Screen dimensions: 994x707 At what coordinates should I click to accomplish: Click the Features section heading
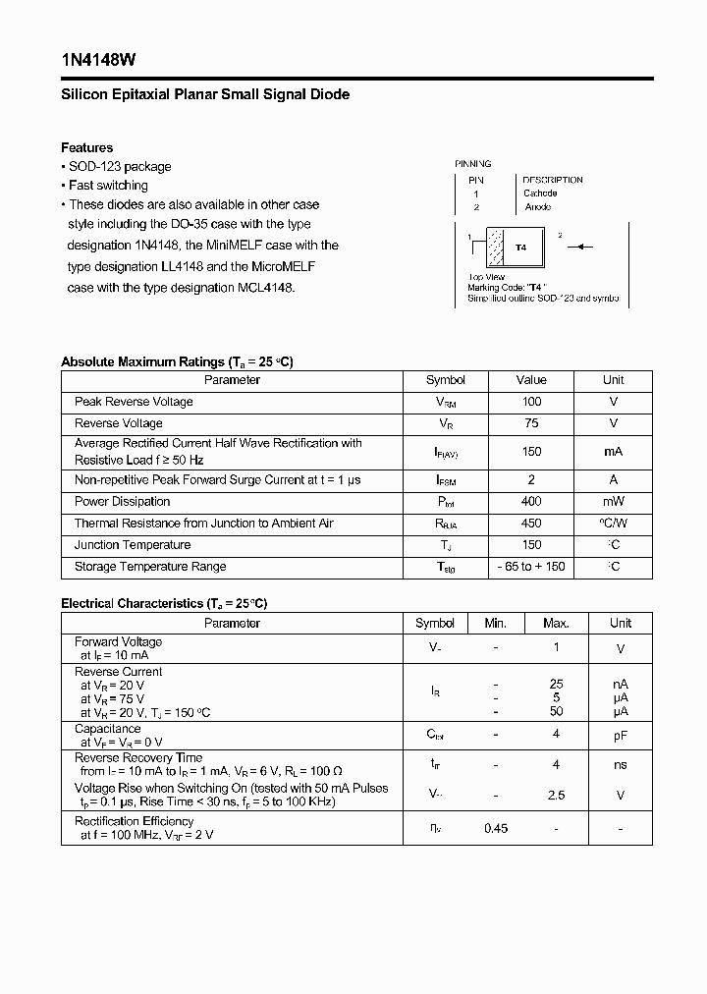coord(86,147)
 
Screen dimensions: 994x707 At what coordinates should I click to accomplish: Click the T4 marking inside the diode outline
coord(521,248)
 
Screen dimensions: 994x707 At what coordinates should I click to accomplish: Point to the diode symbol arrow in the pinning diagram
coord(579,248)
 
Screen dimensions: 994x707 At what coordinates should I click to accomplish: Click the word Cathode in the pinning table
coord(540,193)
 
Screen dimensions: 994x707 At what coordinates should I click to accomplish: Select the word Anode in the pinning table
coord(538,207)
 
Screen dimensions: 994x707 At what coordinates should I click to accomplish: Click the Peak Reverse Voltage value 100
coord(531,402)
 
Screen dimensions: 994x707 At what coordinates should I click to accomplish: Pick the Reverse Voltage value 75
coord(531,423)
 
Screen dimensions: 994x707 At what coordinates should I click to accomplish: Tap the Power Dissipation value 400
coord(531,502)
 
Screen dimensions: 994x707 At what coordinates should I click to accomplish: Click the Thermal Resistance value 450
coord(531,524)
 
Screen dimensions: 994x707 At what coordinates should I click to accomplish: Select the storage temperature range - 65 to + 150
coord(531,567)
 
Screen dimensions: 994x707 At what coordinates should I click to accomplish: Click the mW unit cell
coord(613,502)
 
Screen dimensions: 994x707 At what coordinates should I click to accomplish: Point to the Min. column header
coord(496,624)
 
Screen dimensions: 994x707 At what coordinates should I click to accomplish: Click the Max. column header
coord(556,624)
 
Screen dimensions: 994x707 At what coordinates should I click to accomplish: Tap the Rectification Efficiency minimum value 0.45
coord(496,829)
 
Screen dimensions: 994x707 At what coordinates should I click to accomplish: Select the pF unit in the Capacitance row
coord(621,735)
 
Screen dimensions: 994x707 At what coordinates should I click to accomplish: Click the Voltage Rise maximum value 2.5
coord(556,796)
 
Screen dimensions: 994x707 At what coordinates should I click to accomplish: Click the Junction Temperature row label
coord(133,545)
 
